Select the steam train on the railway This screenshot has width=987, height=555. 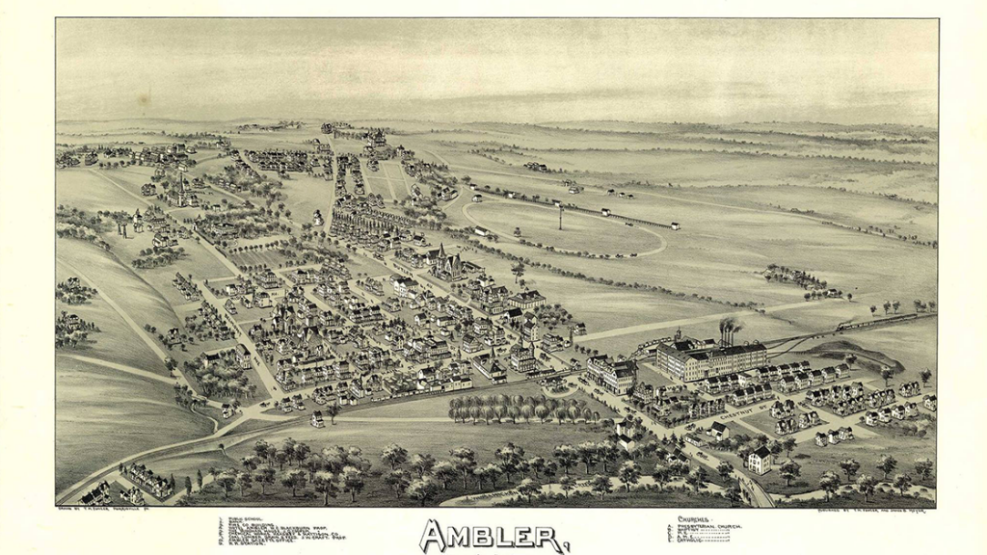click(x=892, y=318)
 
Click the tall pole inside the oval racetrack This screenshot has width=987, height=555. click(x=560, y=218)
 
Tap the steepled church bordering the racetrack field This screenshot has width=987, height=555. click(x=445, y=260)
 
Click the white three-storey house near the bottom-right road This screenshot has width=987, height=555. click(x=760, y=460)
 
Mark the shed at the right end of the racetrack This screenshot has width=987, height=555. click(x=675, y=225)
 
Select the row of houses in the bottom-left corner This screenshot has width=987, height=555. click(x=145, y=479)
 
